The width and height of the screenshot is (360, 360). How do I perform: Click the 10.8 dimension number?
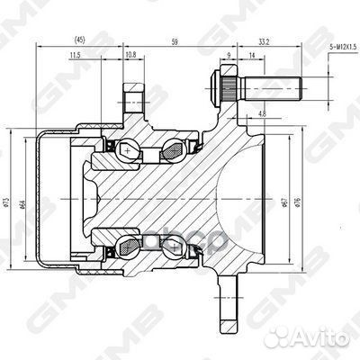pyautogui.click(x=130, y=57)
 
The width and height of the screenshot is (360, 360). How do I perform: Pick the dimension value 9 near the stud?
pyautogui.click(x=229, y=57)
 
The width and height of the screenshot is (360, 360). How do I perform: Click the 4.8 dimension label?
pyautogui.click(x=260, y=114)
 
